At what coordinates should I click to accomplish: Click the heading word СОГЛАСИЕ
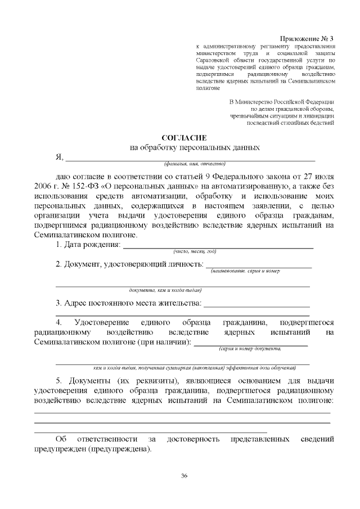pyautogui.click(x=184, y=138)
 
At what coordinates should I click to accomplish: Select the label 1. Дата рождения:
pyautogui.click(x=88, y=245)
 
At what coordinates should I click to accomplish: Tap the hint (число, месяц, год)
pyautogui.click(x=195, y=251)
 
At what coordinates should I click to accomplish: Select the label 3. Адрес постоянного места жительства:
pyautogui.click(x=128, y=304)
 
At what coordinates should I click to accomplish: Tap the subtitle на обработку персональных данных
pyautogui.click(x=195, y=148)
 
